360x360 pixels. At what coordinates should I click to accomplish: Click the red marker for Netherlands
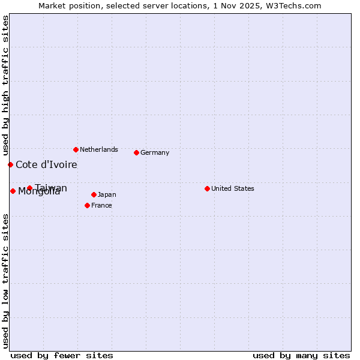point(76,149)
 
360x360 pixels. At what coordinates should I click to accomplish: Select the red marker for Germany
point(136,152)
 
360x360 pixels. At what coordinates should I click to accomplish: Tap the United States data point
point(207,188)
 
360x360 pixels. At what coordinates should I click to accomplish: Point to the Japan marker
point(94,194)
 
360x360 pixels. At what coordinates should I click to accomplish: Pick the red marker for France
point(87,205)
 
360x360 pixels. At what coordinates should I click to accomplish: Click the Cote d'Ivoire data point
point(10,164)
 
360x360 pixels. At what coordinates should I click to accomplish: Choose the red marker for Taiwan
point(29,188)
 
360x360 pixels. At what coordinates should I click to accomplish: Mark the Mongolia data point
point(13,191)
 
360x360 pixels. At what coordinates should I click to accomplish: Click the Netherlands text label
point(98,149)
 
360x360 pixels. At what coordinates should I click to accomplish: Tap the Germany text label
point(155,152)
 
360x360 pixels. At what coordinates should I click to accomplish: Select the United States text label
point(232,188)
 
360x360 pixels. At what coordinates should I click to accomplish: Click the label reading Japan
point(107,194)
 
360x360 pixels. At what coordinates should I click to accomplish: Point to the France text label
point(101,205)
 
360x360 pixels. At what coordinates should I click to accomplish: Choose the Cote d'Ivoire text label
point(46,164)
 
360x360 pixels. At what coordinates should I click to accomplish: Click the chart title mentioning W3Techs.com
point(179,5)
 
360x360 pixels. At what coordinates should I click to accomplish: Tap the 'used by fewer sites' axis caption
point(62,355)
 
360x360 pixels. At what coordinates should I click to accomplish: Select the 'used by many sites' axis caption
point(301,355)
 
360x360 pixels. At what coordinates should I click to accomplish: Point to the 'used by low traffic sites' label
point(5,281)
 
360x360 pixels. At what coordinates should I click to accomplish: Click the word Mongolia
point(39,192)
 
